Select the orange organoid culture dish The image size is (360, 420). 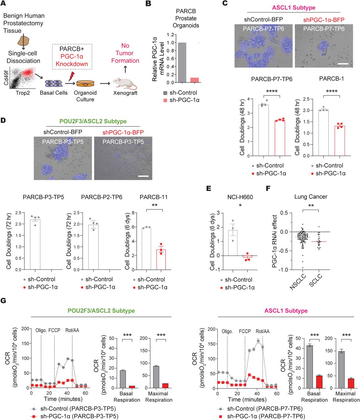85,84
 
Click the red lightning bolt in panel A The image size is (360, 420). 70,77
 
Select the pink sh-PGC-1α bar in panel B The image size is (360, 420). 194,80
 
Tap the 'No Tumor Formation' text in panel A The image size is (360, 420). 125,53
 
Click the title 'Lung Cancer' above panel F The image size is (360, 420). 310,197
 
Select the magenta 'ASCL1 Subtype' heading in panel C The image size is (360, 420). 294,8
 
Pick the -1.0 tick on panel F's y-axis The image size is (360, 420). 282,270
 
